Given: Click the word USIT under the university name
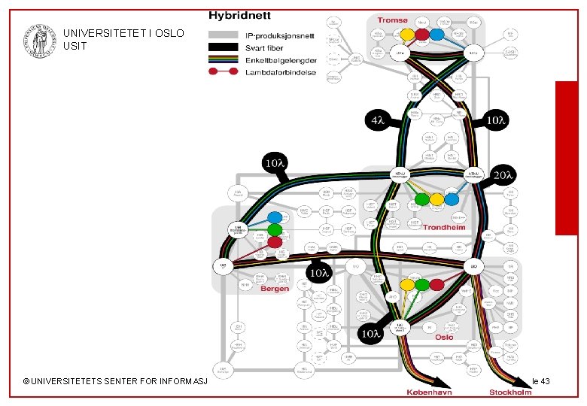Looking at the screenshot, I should (x=76, y=47).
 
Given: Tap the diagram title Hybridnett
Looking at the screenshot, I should (x=240, y=14).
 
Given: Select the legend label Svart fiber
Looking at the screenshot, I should (x=263, y=47).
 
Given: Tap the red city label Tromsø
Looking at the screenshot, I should (x=392, y=20).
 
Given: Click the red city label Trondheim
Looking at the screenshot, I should (x=444, y=226).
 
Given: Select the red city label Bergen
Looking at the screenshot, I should (x=275, y=289).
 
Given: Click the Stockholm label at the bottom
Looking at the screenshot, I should (x=512, y=393).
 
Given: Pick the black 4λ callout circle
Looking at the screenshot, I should (x=376, y=120).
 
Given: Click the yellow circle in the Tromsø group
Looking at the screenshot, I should (x=406, y=34).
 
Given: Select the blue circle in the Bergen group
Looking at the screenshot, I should (x=275, y=217).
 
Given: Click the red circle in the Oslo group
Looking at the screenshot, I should (x=436, y=285).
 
